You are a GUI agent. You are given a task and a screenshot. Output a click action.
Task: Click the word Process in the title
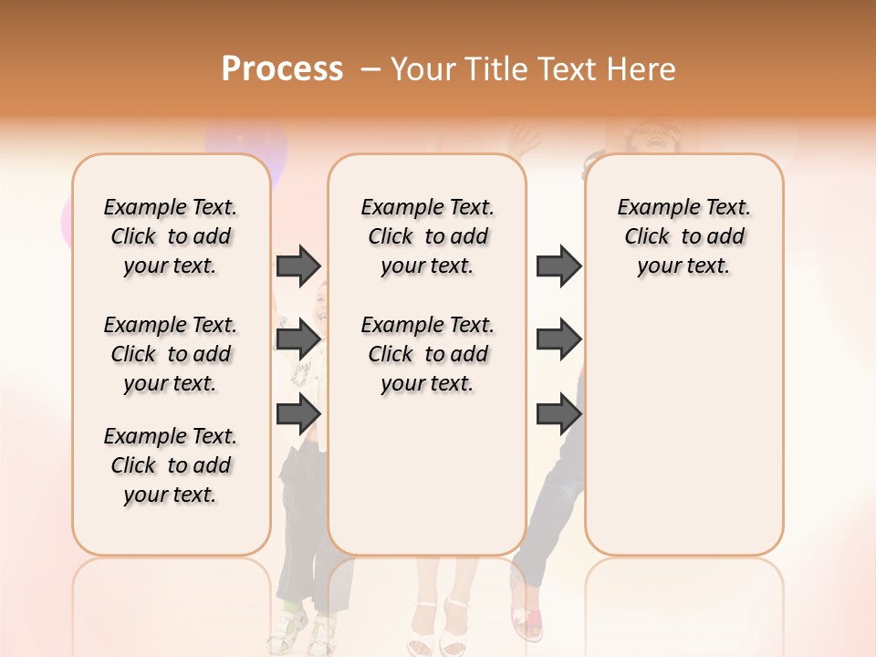click(x=282, y=68)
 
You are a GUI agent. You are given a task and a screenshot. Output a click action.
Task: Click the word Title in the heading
click(x=494, y=68)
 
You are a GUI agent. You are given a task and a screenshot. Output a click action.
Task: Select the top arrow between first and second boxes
click(x=298, y=266)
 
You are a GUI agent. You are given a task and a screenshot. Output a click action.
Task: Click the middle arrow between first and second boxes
click(x=298, y=339)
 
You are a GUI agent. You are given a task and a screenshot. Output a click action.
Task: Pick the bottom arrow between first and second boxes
click(x=298, y=414)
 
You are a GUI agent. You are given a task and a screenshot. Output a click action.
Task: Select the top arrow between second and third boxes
click(x=558, y=266)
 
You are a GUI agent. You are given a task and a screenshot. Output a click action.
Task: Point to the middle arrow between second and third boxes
click(x=558, y=339)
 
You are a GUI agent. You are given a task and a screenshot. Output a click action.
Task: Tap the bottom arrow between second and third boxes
click(x=558, y=414)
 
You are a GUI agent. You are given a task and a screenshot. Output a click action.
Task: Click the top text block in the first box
click(x=171, y=236)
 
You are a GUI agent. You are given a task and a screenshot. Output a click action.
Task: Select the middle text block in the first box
click(x=171, y=354)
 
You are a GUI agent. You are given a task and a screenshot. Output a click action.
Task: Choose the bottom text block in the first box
click(x=171, y=465)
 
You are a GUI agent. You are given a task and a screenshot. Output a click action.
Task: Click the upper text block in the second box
click(x=428, y=236)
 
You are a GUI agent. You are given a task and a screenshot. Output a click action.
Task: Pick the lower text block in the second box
click(x=428, y=354)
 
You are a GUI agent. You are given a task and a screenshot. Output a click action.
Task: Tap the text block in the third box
click(x=684, y=236)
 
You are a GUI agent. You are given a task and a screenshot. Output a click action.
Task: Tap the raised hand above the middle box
click(x=525, y=139)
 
